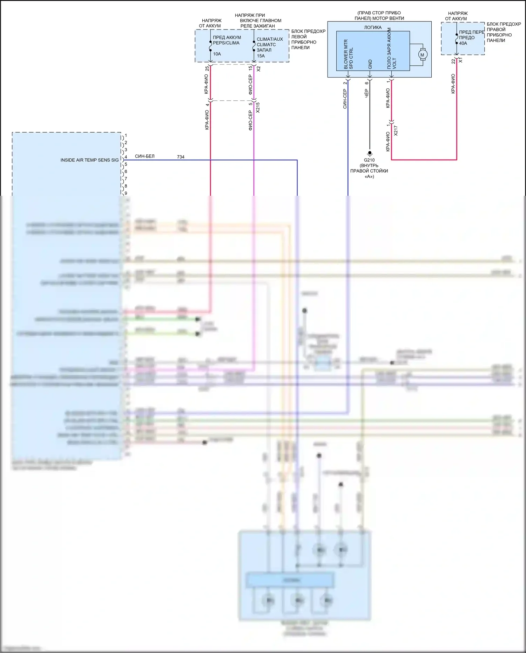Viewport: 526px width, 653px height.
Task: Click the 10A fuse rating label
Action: pyautogui.click(x=217, y=54)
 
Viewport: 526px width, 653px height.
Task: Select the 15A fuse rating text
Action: pyautogui.click(x=261, y=56)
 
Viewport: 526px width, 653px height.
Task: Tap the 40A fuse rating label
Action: pyautogui.click(x=463, y=43)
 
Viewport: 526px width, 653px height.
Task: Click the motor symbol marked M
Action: pyautogui.click(x=422, y=55)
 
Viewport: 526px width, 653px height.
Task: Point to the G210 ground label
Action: pyautogui.click(x=369, y=160)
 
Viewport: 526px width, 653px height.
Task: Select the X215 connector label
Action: pyautogui.click(x=258, y=107)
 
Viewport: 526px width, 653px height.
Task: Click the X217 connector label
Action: pyautogui.click(x=396, y=131)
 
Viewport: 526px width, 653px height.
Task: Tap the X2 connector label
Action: pyautogui.click(x=258, y=69)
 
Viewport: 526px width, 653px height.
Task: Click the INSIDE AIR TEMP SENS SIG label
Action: pyautogui.click(x=89, y=160)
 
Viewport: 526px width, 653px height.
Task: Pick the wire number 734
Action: pyautogui.click(x=181, y=157)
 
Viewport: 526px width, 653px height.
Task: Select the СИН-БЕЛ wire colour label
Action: pyautogui.click(x=144, y=156)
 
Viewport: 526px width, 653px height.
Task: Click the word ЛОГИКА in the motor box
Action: pyautogui.click(x=373, y=27)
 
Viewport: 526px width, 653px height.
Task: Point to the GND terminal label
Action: pyautogui.click(x=370, y=64)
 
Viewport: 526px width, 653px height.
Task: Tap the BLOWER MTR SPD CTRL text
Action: pyautogui.click(x=348, y=54)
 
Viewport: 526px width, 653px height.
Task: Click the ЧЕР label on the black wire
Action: pyautogui.click(x=366, y=93)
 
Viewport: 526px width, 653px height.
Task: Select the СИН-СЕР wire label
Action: pyautogui.click(x=345, y=99)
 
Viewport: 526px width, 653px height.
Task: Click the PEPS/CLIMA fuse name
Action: pyautogui.click(x=226, y=43)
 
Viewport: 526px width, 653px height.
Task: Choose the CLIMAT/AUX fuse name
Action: pyautogui.click(x=270, y=39)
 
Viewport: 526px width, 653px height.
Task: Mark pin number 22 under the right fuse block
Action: pyautogui.click(x=453, y=61)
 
